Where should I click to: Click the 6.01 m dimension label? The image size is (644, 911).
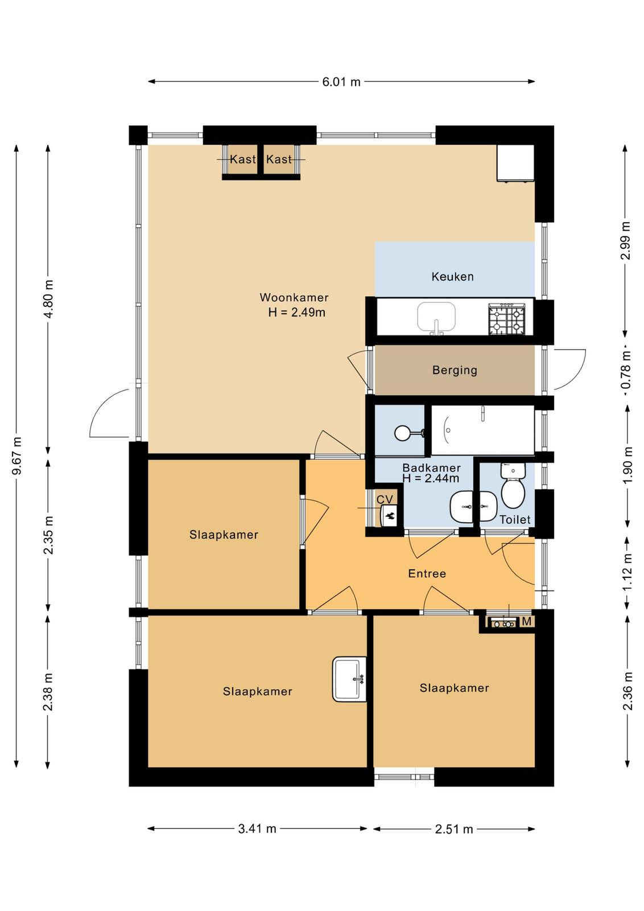coord(341,82)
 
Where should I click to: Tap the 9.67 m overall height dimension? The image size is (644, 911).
coord(17,456)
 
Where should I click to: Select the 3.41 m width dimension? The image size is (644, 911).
coord(257,828)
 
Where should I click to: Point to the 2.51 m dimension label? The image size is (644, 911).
coord(454,829)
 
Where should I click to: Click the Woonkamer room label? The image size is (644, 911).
coord(294,297)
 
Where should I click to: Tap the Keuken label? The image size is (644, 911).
coord(452,277)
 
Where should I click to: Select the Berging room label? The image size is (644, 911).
coord(455,371)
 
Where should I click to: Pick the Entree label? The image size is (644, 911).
coord(427,573)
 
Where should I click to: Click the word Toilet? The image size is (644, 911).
coord(515,519)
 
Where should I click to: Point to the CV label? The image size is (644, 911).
coord(385,499)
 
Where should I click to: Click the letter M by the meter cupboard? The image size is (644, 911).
coord(527,621)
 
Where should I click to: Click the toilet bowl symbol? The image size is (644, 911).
coord(513,486)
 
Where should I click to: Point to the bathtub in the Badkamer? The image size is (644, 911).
coord(482,430)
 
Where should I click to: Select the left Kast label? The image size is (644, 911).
coord(242,159)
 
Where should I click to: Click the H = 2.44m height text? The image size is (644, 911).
coord(431,478)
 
